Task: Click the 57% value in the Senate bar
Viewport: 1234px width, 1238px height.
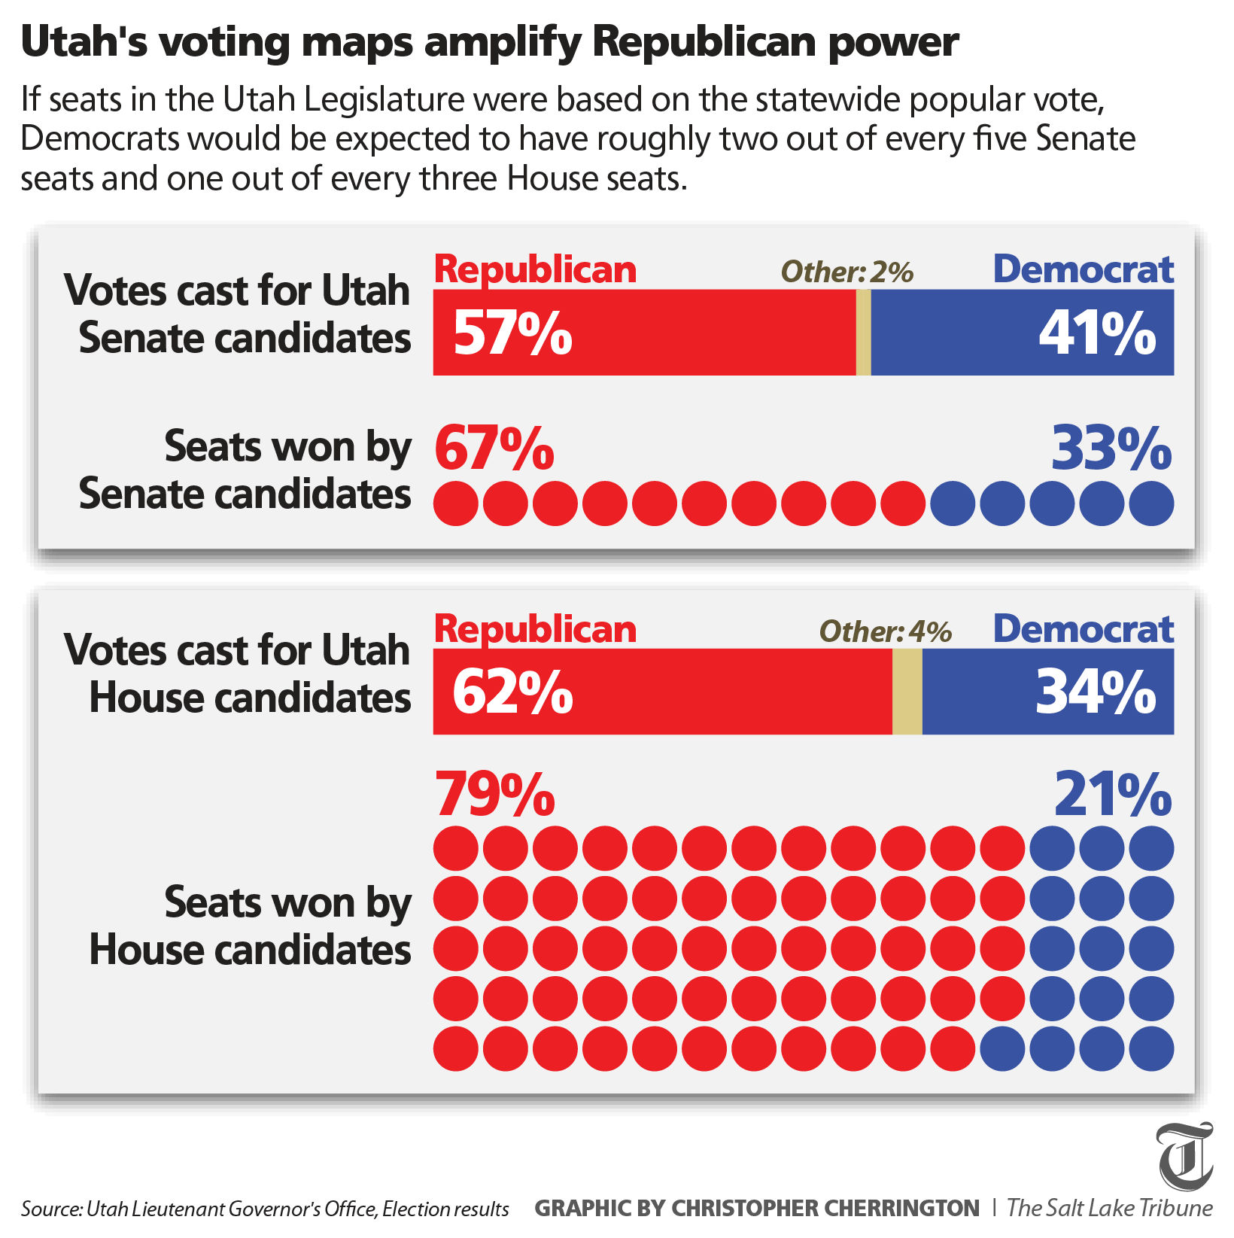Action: (512, 333)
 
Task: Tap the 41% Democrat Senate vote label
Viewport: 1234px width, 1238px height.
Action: (1097, 333)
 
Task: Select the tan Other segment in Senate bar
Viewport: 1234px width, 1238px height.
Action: (863, 332)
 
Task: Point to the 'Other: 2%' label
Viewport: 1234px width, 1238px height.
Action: (846, 272)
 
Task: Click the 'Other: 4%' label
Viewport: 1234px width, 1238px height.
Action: (885, 631)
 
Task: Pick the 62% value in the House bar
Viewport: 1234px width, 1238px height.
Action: (512, 692)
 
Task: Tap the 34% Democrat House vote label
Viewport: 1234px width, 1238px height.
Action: (1096, 692)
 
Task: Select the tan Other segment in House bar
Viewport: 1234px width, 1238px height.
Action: (907, 692)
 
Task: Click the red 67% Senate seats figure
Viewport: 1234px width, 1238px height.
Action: (494, 449)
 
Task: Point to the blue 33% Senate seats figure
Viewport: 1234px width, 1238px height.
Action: (1111, 449)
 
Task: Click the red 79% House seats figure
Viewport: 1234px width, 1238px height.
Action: (494, 794)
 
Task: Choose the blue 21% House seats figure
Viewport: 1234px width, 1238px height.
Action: (1112, 794)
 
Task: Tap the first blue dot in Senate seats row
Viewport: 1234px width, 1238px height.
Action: (953, 503)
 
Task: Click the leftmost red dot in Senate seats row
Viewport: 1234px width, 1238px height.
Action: (455, 503)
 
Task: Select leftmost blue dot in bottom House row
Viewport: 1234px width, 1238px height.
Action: (1002, 1048)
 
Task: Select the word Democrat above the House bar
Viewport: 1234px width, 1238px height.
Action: (1083, 629)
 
